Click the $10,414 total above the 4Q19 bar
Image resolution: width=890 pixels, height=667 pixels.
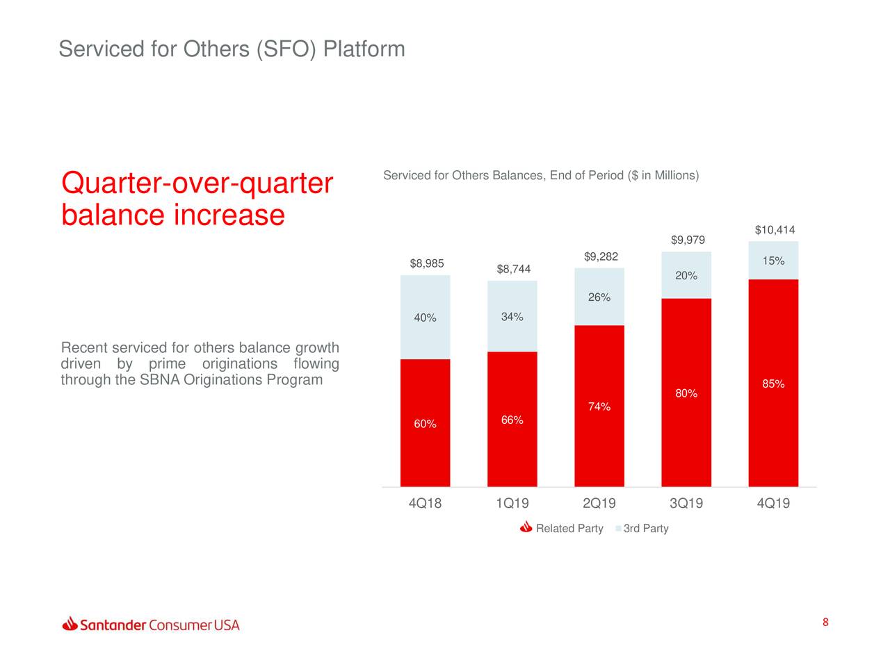point(775,230)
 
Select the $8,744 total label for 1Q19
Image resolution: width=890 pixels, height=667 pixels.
point(513,270)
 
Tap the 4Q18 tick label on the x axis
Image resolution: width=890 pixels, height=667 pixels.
point(425,504)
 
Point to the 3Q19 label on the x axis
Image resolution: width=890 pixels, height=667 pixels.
point(686,504)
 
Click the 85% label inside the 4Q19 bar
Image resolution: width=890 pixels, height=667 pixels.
point(773,384)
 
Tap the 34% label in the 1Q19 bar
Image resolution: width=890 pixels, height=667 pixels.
point(512,318)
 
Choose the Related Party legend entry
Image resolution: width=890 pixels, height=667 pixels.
point(569,529)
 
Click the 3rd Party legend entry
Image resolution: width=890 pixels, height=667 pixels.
point(645,529)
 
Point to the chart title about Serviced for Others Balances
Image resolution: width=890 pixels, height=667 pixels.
point(541,175)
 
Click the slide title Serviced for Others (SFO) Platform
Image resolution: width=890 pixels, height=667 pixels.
point(232,49)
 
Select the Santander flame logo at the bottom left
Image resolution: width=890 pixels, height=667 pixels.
point(70,624)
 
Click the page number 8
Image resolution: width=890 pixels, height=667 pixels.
point(825,623)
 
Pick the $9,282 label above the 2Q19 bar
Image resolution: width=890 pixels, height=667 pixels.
point(601,257)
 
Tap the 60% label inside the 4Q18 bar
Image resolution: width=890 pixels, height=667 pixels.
point(425,425)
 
